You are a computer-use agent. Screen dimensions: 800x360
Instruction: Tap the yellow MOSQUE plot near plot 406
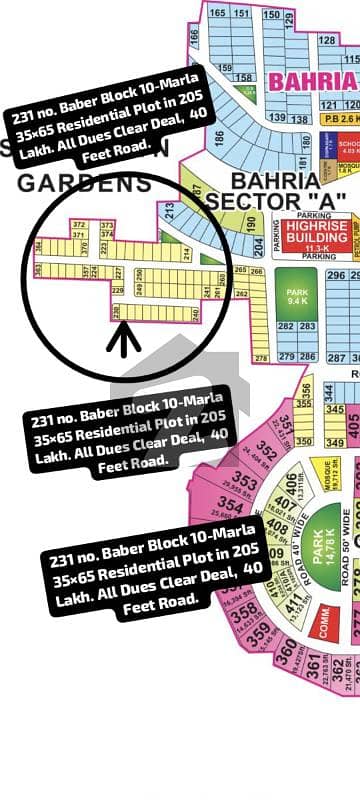(323, 469)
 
